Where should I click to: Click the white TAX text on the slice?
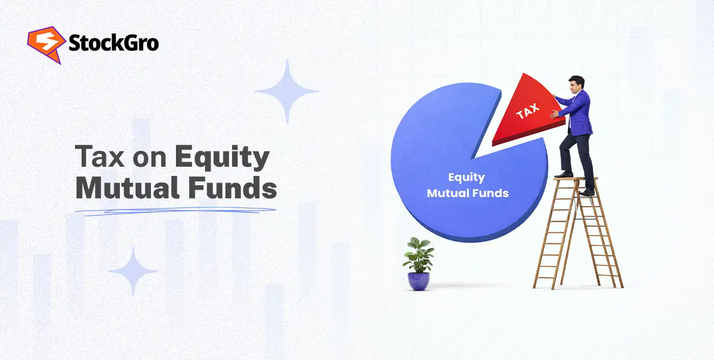coord(527,111)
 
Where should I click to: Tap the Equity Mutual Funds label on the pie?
coord(468,185)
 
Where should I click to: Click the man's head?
coord(576,84)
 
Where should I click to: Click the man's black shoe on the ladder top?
coord(563,174)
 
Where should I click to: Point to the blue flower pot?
coord(418,281)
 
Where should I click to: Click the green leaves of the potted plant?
coord(419,255)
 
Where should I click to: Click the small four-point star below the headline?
coord(133,271)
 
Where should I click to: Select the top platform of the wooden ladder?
coord(575,178)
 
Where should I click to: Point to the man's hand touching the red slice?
coord(555,114)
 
